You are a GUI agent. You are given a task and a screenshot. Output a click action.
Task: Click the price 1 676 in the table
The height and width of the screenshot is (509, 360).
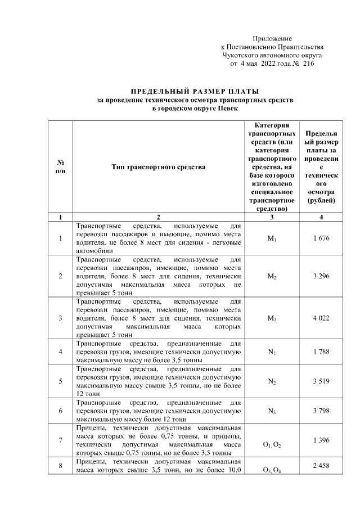[321, 238]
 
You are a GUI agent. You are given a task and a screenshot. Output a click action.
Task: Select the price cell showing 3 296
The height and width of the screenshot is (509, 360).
[321, 276]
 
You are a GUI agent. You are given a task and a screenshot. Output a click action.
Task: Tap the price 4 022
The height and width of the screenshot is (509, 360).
[321, 319]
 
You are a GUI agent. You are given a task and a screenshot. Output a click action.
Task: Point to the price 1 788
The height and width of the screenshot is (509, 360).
[321, 353]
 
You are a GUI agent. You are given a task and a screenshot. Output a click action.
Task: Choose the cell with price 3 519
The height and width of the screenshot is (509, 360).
[321, 381]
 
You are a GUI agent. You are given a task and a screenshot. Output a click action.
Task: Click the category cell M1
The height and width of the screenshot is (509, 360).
[272, 238]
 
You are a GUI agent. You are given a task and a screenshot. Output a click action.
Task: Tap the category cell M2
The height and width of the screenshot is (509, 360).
[272, 276]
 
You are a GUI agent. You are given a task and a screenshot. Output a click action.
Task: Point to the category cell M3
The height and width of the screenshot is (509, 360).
[272, 319]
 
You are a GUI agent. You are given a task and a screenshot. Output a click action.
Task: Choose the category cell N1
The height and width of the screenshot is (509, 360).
[272, 353]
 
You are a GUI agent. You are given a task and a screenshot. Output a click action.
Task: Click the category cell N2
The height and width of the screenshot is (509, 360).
[272, 381]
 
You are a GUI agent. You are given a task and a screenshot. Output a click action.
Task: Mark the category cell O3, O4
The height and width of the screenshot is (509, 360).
[272, 471]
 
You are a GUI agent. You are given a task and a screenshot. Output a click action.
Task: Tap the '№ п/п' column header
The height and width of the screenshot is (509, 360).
[60, 167]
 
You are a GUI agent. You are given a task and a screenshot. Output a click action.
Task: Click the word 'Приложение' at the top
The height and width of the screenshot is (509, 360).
[272, 38]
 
